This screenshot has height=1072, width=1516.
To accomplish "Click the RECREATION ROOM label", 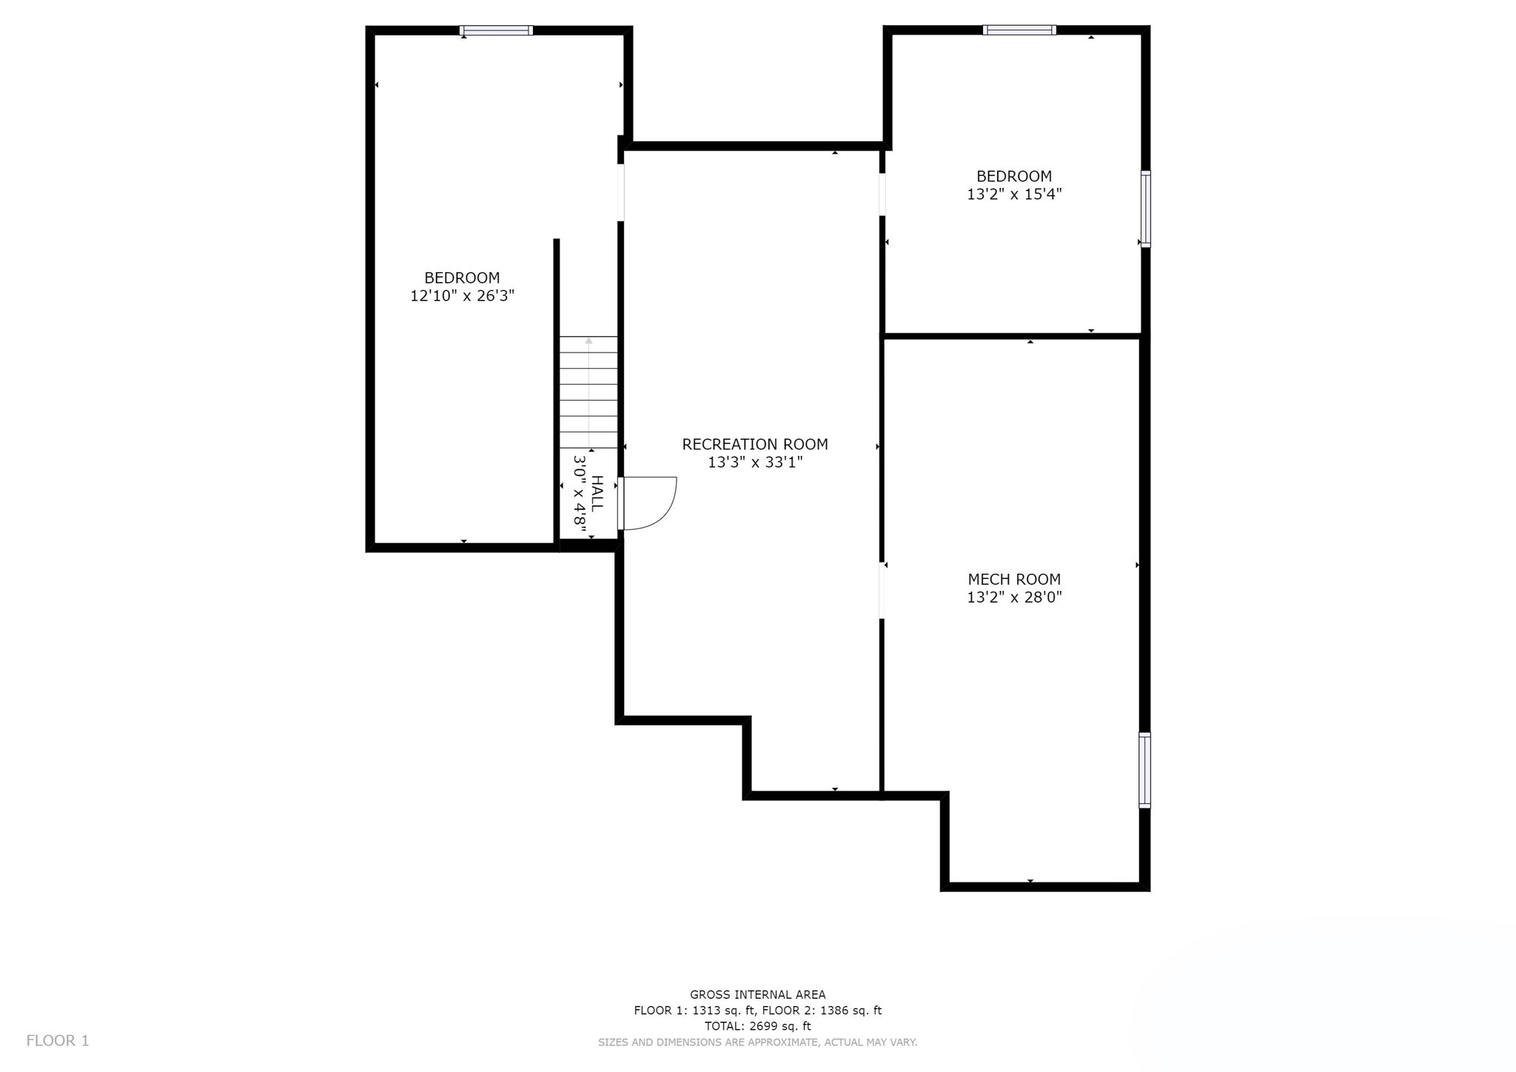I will (754, 444).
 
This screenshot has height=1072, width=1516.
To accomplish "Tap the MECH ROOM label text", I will (1013, 580).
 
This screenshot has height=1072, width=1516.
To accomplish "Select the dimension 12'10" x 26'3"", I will (462, 296).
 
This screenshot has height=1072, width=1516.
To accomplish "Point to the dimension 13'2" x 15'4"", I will (1013, 195).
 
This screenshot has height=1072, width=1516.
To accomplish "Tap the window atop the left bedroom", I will (495, 30).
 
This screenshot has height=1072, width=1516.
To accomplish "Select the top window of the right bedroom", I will (1019, 30).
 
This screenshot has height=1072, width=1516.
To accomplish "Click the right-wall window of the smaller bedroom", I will (1145, 208).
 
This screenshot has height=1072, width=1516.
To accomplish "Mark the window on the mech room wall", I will (1144, 770).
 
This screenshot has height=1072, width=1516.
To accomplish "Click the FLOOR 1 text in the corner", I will (58, 1041).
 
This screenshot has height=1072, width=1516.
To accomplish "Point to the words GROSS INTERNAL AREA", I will (757, 995).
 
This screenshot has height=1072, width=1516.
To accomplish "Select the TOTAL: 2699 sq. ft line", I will (757, 1026).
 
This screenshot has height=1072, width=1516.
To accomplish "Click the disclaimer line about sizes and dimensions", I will (757, 1042).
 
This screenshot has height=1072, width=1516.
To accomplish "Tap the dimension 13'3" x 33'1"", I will (754, 463).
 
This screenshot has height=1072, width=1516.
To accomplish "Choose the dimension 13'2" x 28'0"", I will (1013, 597).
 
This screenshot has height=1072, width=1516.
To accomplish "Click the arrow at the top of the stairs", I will (588, 341).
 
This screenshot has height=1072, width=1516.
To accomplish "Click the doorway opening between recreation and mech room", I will (882, 590).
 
